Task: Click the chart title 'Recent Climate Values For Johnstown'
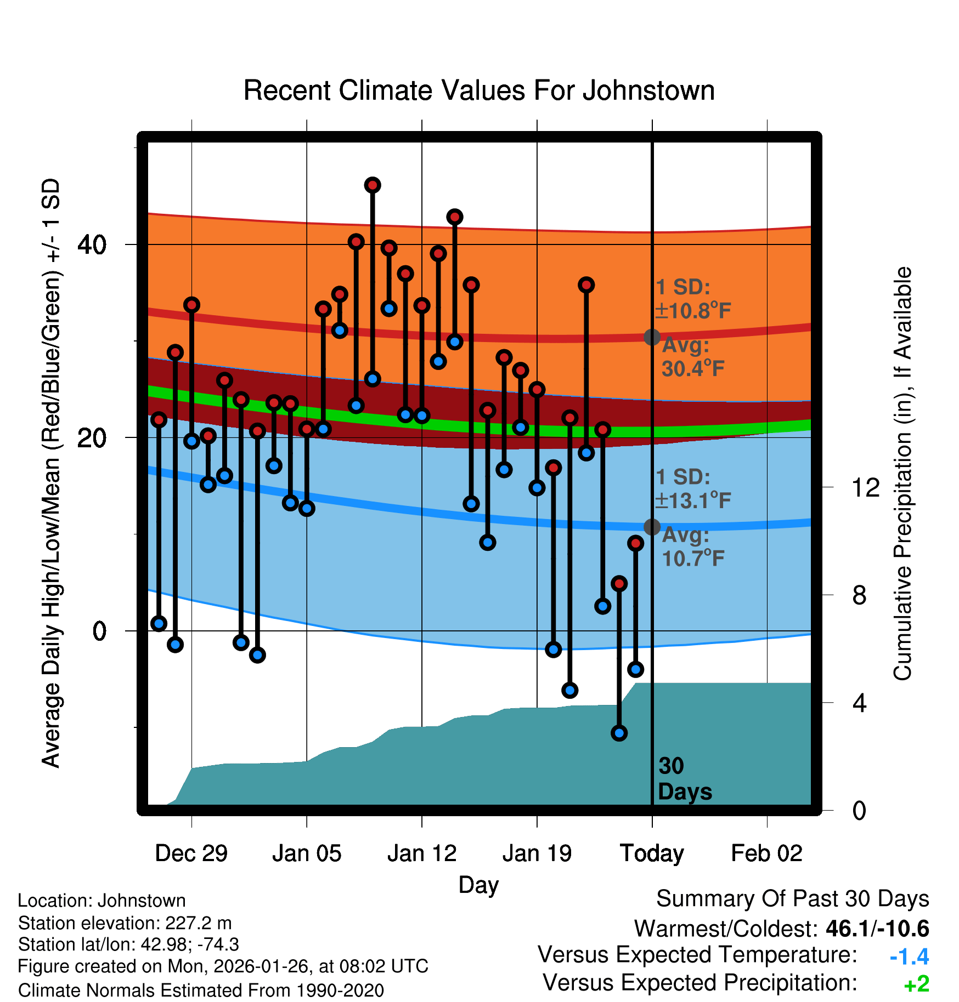479,90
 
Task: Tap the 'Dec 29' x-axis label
191,853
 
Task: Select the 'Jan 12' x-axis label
421,853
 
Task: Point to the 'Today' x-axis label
652,853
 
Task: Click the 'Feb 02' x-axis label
766,853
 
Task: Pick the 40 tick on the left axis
92,244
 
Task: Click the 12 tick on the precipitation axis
866,487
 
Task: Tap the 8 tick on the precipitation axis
860,595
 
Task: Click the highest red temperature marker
373,185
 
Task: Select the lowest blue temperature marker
619,733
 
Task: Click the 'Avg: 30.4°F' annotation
692,357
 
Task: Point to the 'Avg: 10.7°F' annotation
692,547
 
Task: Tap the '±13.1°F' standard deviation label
692,500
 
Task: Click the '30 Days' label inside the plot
684,779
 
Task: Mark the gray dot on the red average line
652,337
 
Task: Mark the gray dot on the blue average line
652,527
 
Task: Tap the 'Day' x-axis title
478,885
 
